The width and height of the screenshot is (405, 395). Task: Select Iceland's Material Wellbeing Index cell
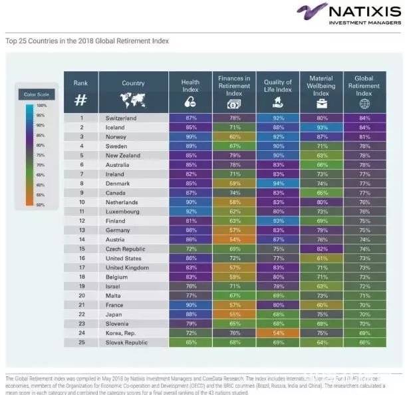tap(321, 127)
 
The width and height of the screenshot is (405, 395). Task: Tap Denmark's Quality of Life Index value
tap(277, 184)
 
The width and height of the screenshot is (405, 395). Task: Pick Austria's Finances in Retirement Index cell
tap(234, 239)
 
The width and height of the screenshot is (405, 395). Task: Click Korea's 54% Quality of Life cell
tap(277, 332)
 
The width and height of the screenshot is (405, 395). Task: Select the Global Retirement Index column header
tap(364, 82)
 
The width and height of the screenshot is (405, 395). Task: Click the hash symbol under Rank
tap(80, 100)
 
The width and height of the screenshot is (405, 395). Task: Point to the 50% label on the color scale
tap(41, 205)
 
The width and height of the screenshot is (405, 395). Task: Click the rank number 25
tap(81, 342)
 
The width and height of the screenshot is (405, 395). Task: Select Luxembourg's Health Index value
tap(191, 211)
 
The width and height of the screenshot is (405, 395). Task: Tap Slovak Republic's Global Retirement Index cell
tap(364, 342)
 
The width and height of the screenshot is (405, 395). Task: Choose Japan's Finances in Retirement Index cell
tap(234, 314)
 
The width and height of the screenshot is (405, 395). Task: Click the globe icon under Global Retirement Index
tap(364, 103)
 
